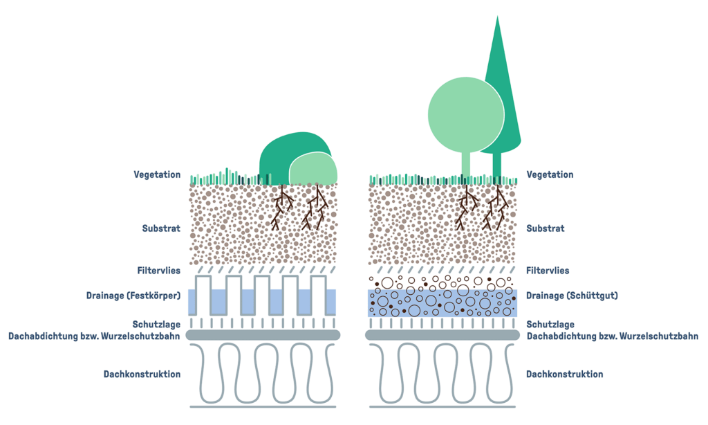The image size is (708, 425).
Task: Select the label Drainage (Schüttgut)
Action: tap(572, 296)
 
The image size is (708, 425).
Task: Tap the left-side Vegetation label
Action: tap(157, 175)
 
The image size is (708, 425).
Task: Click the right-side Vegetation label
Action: tap(550, 175)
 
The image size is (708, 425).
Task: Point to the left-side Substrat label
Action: tap(161, 228)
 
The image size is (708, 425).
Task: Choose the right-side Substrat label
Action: tap(546, 228)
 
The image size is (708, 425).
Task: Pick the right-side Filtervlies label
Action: tap(548, 271)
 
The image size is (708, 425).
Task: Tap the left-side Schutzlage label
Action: tap(156, 324)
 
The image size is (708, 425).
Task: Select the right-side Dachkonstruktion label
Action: tap(564, 374)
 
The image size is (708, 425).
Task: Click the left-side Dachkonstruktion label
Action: tap(142, 374)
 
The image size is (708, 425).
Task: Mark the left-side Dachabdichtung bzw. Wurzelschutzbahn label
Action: tap(95, 336)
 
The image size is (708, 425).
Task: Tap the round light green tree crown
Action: tap(463, 114)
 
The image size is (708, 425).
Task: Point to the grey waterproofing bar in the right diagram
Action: tap(442, 335)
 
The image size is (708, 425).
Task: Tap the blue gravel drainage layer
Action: tap(442, 303)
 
